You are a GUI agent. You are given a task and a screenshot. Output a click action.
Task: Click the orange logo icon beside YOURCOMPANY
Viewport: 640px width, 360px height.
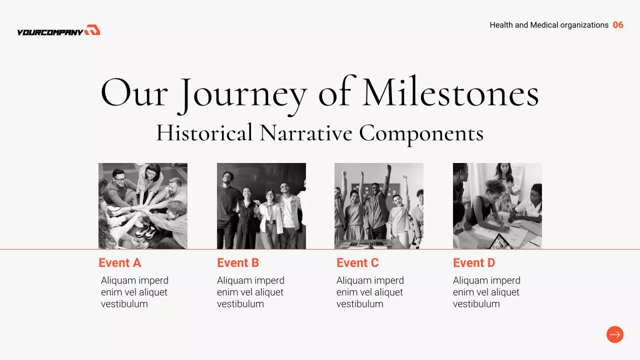pyautogui.click(x=92, y=29)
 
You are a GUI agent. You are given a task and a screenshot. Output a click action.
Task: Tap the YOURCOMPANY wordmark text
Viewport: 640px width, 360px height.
pyautogui.click(x=50, y=32)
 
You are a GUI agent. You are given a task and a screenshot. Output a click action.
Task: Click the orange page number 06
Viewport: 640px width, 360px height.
pyautogui.click(x=618, y=25)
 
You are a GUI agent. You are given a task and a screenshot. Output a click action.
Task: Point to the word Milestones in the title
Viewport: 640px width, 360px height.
pyautogui.click(x=450, y=91)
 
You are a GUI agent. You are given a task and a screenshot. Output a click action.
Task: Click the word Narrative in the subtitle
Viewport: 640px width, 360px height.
pyautogui.click(x=306, y=133)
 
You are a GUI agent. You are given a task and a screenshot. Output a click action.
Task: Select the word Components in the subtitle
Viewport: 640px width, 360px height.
pyautogui.click(x=421, y=134)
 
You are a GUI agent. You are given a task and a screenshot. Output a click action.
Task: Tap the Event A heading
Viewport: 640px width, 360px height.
pyautogui.click(x=119, y=263)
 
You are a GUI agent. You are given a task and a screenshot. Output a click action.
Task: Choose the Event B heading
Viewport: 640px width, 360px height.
pyautogui.click(x=238, y=263)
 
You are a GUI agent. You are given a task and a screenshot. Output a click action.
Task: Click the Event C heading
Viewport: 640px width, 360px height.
pyautogui.click(x=357, y=263)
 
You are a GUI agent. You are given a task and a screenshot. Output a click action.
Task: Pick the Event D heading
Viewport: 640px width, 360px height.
pyautogui.click(x=474, y=263)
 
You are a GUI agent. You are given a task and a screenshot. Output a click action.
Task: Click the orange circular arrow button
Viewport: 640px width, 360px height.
pyautogui.click(x=615, y=334)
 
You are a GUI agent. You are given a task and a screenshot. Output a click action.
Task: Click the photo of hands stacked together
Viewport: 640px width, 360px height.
pyautogui.click(x=143, y=206)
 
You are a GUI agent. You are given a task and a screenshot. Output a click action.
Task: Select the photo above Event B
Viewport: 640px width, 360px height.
pyautogui.click(x=261, y=206)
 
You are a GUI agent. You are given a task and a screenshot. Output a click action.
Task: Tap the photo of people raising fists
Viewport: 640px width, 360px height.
pyautogui.click(x=379, y=206)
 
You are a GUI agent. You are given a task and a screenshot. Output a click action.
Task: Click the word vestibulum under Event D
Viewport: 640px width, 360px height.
pyautogui.click(x=476, y=304)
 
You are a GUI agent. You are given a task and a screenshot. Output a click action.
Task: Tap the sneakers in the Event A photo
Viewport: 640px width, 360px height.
pyautogui.click(x=145, y=231)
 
